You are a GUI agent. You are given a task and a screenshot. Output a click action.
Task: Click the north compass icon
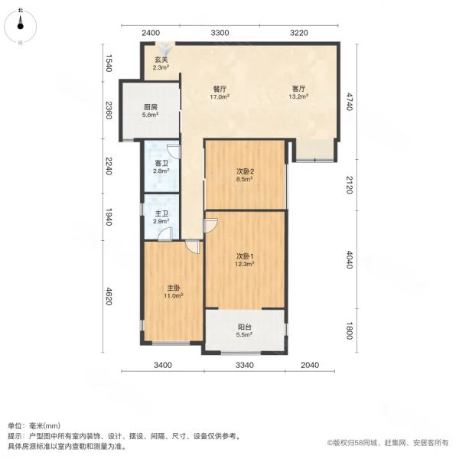[x=21, y=26]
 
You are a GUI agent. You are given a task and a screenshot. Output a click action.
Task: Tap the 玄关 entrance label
[x=161, y=60]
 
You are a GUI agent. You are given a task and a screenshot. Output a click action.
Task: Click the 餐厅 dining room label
[x=220, y=89]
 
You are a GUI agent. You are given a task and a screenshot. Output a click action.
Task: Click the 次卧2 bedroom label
[x=245, y=171]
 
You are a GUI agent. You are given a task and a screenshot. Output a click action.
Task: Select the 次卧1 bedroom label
[x=245, y=256]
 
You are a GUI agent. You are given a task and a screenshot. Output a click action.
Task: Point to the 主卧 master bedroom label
[x=172, y=288]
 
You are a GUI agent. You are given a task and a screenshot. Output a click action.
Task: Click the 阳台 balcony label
[x=244, y=327]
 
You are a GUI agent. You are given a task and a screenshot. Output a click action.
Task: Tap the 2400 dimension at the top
[x=151, y=32]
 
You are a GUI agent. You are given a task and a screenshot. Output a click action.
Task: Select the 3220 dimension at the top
[x=298, y=32]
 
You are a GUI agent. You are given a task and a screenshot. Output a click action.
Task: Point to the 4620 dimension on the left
[x=109, y=291]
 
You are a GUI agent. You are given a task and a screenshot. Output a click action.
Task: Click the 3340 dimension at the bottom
[x=244, y=365]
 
